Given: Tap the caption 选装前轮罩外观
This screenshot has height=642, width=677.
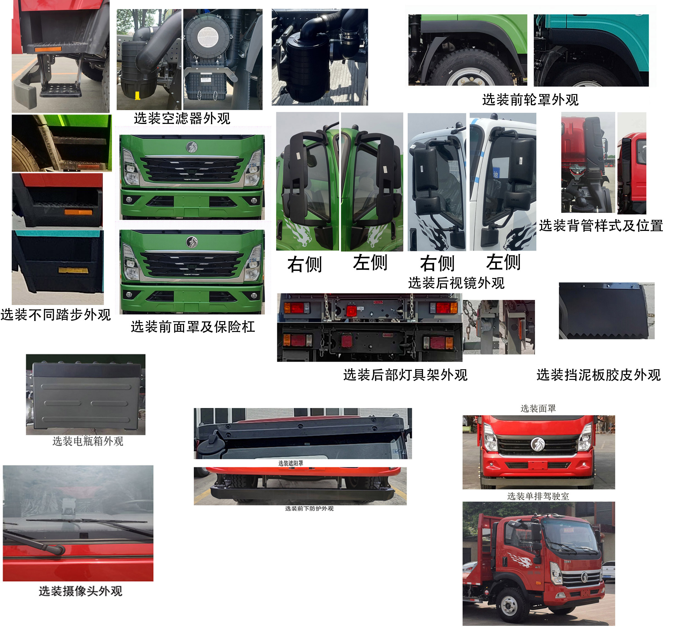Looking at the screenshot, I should (530, 100).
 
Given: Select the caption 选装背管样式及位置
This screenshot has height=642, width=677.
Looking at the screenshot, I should (601, 226).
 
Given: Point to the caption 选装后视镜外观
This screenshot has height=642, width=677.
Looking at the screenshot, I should (456, 283).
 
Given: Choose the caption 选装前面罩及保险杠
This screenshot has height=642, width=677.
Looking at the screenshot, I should (193, 327).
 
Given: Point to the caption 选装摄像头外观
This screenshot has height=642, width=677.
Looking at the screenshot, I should (80, 591).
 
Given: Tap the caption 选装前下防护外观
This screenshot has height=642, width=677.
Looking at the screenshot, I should (309, 509).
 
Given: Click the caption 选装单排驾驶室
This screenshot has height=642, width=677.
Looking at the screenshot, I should (538, 496).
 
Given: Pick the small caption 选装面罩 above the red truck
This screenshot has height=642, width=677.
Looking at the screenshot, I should (538, 409).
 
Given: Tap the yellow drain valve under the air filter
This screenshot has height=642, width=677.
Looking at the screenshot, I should (138, 96).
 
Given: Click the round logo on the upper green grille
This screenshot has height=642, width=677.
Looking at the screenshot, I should (192, 147).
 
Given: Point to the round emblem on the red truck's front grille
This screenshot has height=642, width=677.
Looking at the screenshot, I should (537, 444).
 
